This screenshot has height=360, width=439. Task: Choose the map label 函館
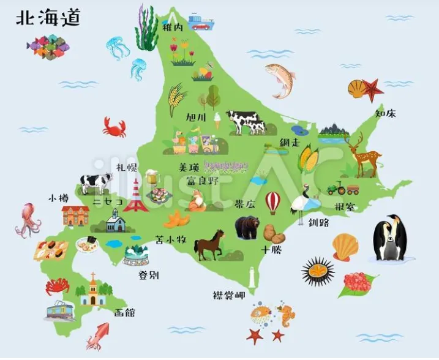(x=125, y=313)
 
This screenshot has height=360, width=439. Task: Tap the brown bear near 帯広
(x=247, y=227)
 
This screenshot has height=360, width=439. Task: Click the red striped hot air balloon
(x=272, y=202)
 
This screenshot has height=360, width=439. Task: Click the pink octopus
(x=28, y=220)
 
